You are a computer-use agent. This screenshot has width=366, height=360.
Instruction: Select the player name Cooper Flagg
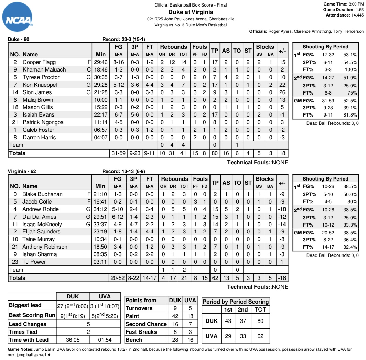(x=39, y=62)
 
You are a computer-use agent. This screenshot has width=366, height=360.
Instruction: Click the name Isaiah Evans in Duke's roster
(x=38, y=115)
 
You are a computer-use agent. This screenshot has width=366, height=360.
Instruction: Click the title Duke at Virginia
(x=191, y=12)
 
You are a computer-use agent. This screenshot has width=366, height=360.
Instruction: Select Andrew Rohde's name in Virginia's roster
(x=41, y=209)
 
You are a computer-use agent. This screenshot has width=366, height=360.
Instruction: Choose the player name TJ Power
(x=34, y=262)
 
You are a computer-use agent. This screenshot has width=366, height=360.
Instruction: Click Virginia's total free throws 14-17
(x=149, y=278)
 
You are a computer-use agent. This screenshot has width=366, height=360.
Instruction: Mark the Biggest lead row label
(x=25, y=305)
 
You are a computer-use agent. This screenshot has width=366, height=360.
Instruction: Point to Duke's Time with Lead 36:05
(x=73, y=340)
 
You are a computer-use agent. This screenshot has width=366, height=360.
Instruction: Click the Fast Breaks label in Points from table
(x=141, y=332)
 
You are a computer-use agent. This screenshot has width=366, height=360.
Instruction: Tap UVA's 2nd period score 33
(x=243, y=336)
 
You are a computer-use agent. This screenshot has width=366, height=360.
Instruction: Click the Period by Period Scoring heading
(x=236, y=302)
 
